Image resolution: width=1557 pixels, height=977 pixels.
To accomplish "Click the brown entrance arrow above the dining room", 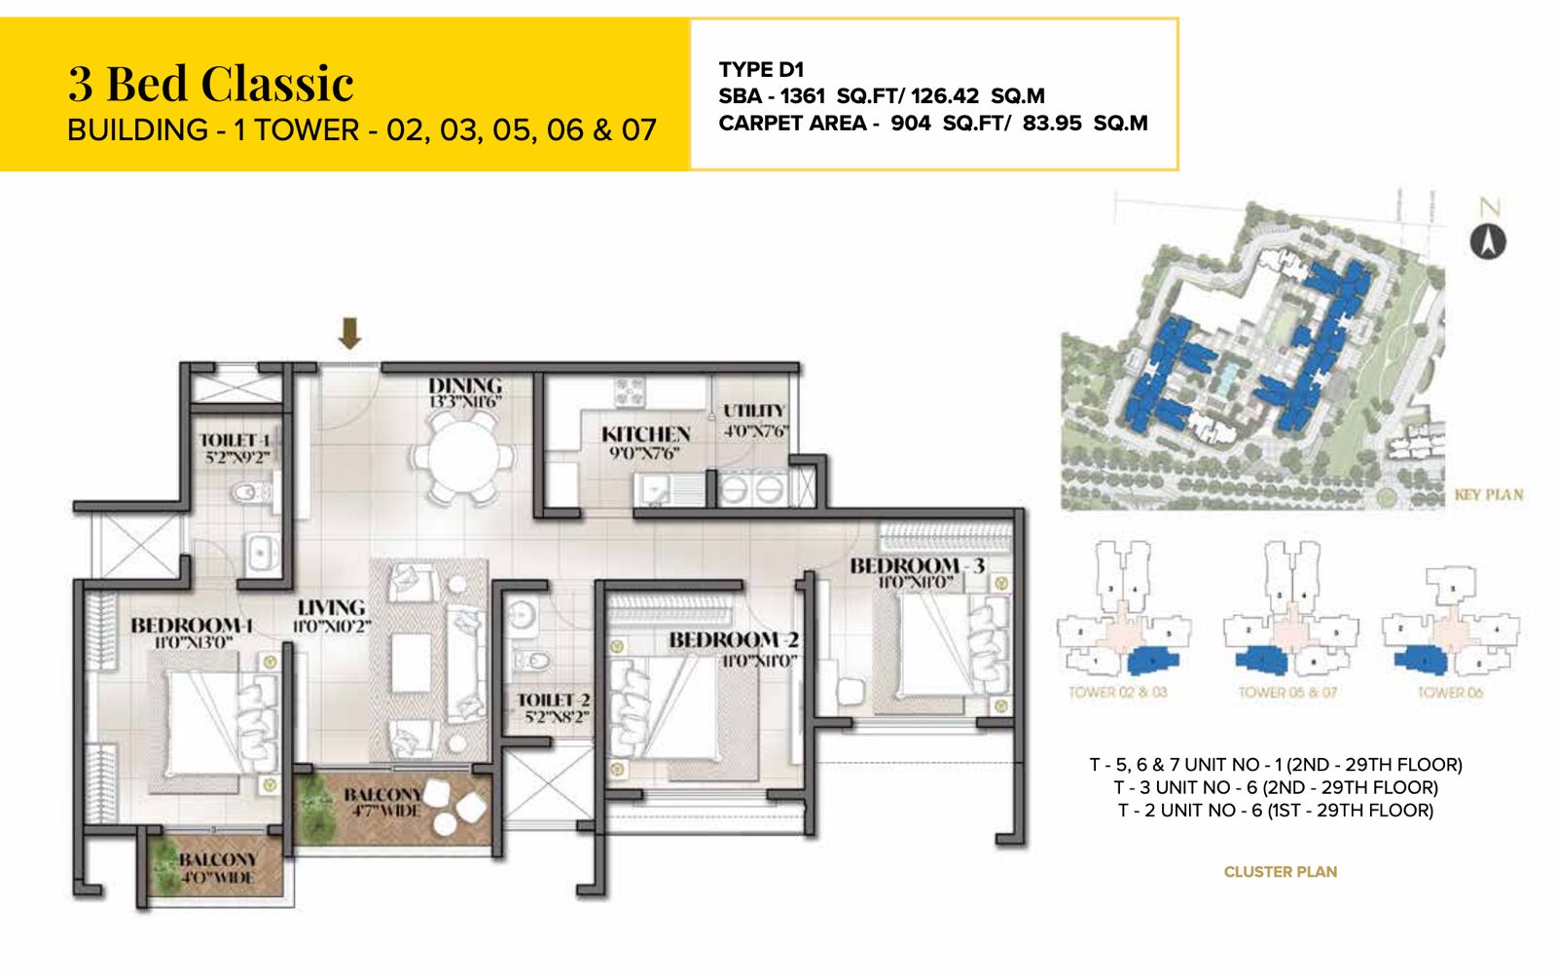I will [349, 334].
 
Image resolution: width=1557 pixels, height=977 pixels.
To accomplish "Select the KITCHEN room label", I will [645, 434].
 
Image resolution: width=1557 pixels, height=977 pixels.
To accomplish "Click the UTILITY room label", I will [753, 411].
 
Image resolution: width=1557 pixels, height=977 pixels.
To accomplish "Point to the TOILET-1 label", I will [235, 440].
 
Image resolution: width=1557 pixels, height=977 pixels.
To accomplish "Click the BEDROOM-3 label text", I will [917, 565].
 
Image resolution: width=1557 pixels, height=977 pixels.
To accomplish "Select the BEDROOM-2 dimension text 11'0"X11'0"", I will [759, 661].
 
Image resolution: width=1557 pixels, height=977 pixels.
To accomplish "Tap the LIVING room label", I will [331, 607].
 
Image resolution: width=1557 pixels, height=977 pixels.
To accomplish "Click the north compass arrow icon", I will [1487, 240].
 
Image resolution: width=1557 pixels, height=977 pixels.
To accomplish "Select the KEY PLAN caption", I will [1488, 494].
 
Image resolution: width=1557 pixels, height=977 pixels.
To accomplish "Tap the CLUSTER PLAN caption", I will [1280, 872].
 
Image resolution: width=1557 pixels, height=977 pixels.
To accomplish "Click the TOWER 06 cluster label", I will [1449, 693].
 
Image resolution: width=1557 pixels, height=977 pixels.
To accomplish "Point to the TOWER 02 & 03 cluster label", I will [1117, 693].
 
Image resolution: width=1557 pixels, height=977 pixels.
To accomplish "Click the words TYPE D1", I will [761, 69].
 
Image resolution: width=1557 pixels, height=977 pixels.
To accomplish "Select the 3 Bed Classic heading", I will [210, 83].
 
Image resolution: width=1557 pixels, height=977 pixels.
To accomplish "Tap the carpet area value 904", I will [910, 124].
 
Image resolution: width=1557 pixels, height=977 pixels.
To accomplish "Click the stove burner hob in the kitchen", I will [630, 392].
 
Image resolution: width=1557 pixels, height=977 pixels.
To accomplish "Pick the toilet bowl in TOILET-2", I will [531, 661].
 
